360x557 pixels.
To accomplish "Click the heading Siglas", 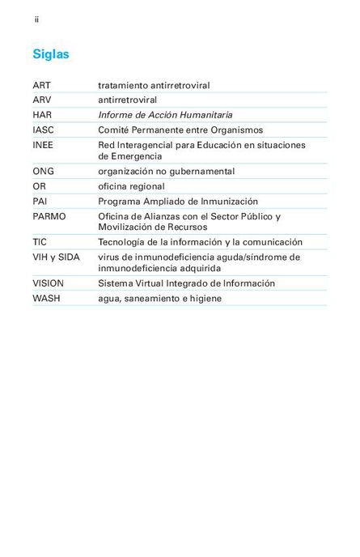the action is [51, 55].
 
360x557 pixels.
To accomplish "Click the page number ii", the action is [36, 19].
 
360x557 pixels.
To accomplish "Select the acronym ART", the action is [41, 85].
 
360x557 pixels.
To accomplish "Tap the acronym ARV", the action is [41, 100].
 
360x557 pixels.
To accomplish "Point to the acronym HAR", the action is [42, 115].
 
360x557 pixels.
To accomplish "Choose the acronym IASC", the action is [44, 130].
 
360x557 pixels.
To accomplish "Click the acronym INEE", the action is [43, 145].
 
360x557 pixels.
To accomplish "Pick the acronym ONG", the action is [44, 172].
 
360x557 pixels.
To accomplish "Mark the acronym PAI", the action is [40, 201].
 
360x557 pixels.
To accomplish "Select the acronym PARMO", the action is [49, 216].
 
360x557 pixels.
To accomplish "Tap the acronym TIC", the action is [40, 242].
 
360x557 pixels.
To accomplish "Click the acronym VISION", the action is [48, 283].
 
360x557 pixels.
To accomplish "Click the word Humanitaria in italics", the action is [205, 115].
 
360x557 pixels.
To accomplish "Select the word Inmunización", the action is [229, 201].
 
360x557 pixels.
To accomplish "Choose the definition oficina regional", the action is [131, 186].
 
